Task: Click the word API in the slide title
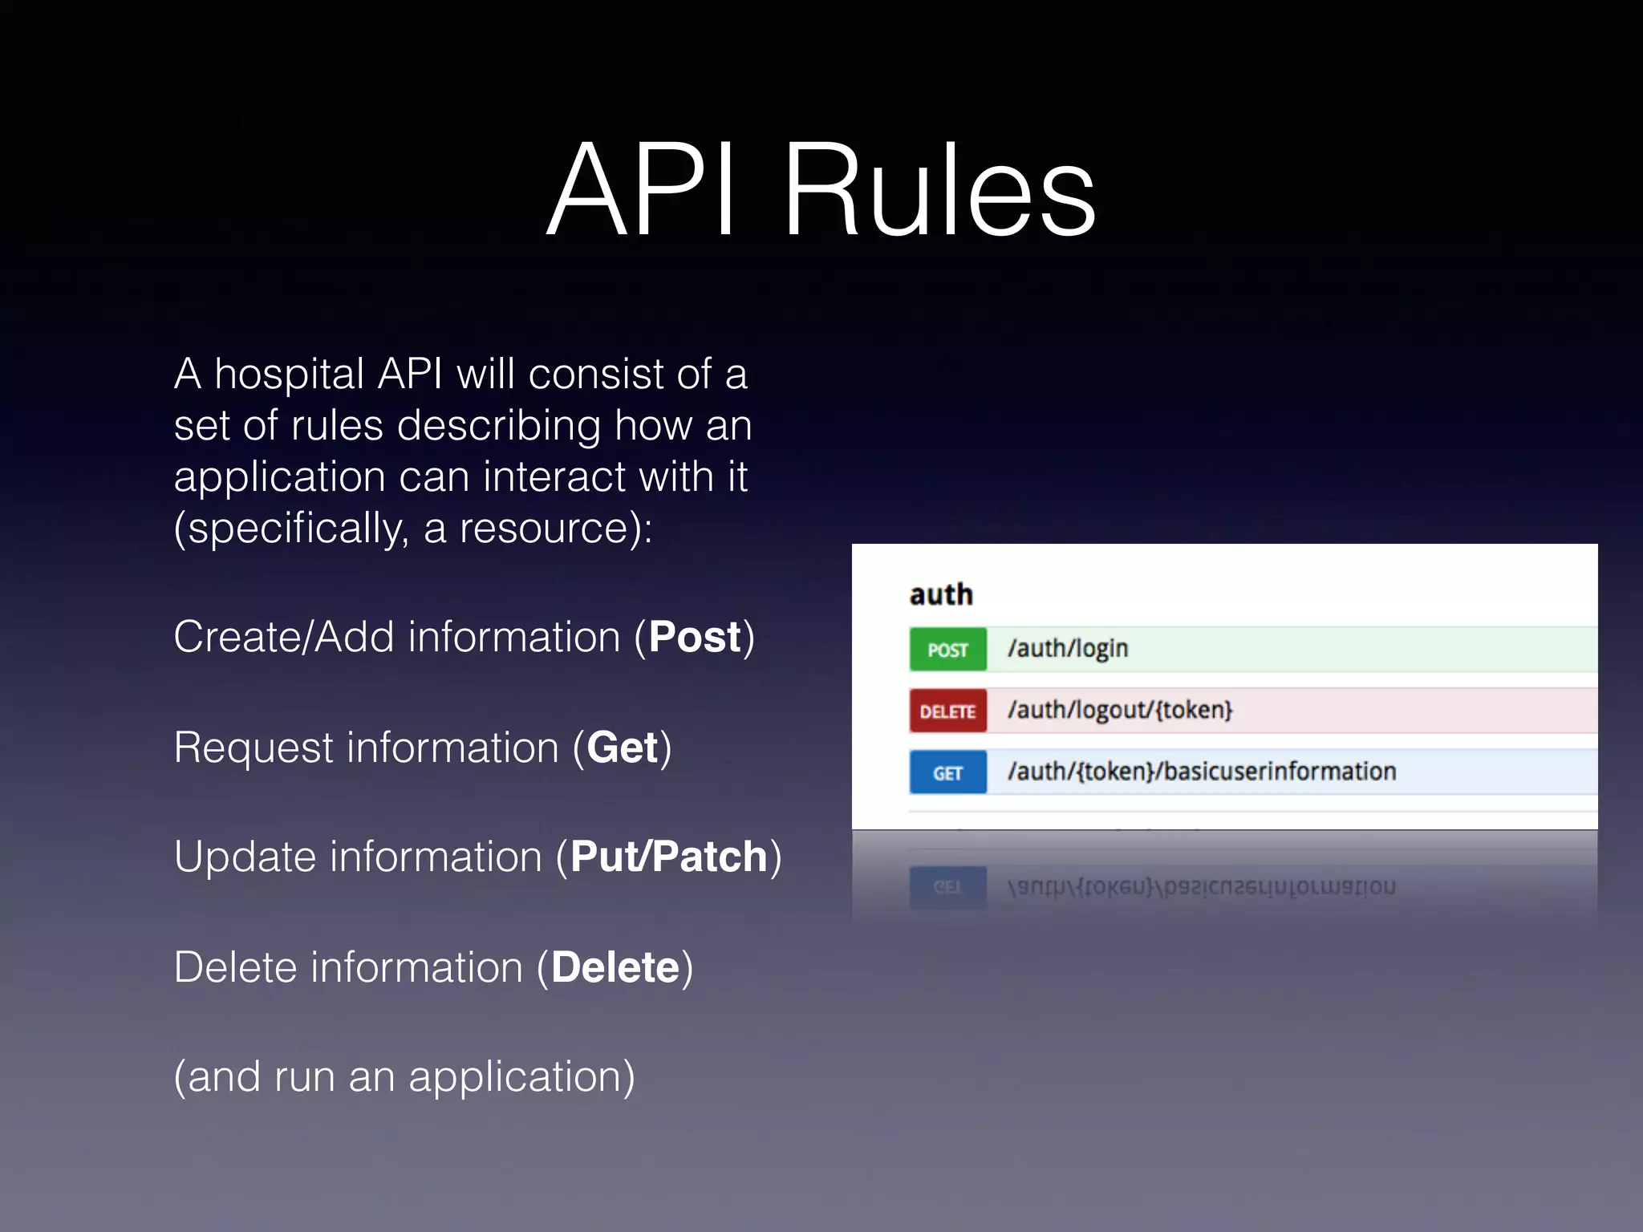click(642, 191)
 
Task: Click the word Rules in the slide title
click(939, 191)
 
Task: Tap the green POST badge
click(947, 650)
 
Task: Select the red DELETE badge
click(947, 711)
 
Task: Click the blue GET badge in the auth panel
click(947, 773)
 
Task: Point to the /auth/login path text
click(1068, 648)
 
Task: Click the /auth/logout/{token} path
click(1120, 710)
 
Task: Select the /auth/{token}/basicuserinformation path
click(1201, 772)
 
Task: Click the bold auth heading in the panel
click(941, 594)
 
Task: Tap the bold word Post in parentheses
click(695, 638)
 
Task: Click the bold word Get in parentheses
click(623, 748)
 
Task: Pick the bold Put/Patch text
click(669, 857)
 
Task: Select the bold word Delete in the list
click(615, 967)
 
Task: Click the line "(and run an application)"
click(404, 1077)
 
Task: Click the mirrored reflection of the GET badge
click(947, 887)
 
